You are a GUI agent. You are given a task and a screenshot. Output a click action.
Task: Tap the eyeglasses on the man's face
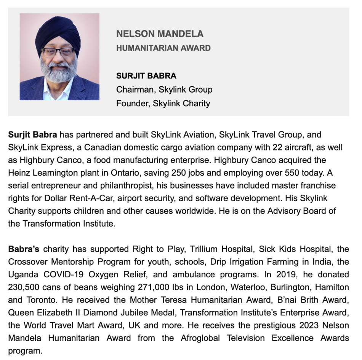pos(58,52)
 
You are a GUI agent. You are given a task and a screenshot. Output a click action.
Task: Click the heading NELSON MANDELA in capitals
pos(160,34)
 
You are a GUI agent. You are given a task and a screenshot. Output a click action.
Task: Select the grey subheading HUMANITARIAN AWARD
pos(163,48)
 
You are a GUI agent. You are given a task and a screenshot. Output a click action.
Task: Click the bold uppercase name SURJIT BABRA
pos(146,76)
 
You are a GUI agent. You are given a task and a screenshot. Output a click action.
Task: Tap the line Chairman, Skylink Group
pos(164,90)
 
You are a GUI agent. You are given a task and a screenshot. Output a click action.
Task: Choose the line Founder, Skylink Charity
pos(163,103)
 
